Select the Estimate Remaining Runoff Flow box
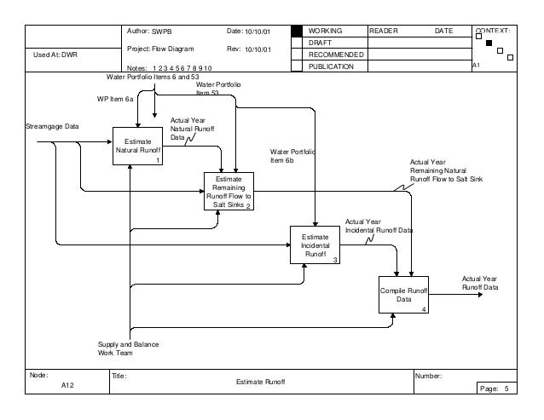coord(228,192)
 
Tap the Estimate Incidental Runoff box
coord(315,245)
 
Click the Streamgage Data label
coord(54,126)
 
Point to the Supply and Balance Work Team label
coord(128,348)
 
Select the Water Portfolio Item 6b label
coord(292,155)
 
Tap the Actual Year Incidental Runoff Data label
coord(379,225)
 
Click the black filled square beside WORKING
coord(296,31)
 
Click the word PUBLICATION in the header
coord(333,66)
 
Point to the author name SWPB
coord(162,31)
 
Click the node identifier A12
coord(68,386)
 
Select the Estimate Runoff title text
coord(259,383)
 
